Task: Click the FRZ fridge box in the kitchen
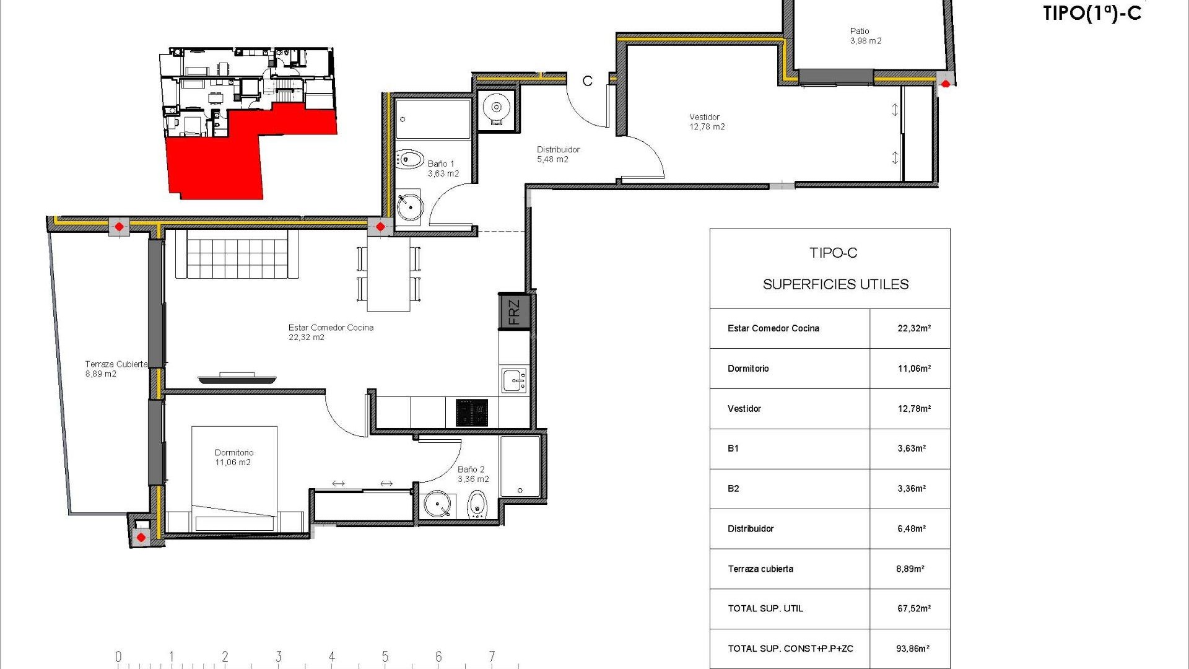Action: [514, 312]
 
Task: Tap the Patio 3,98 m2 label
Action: [865, 36]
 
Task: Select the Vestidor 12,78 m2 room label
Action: [707, 121]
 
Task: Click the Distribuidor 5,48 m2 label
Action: [557, 154]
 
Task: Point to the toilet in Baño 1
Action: [409, 159]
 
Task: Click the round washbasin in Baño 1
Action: [409, 206]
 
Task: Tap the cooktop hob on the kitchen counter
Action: [472, 413]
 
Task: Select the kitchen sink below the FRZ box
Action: [514, 380]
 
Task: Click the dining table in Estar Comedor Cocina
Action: [388, 274]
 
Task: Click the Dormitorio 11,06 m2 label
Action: [233, 457]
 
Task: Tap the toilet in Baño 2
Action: [477, 505]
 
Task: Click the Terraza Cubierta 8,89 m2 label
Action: [116, 369]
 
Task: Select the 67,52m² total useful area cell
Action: [913, 609]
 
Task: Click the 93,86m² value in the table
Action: [912, 649]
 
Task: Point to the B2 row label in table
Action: [733, 489]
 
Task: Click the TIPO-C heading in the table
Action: [833, 253]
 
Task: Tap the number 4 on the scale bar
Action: [332, 657]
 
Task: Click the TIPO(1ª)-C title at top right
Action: [1092, 13]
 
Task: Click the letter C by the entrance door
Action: [587, 81]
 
